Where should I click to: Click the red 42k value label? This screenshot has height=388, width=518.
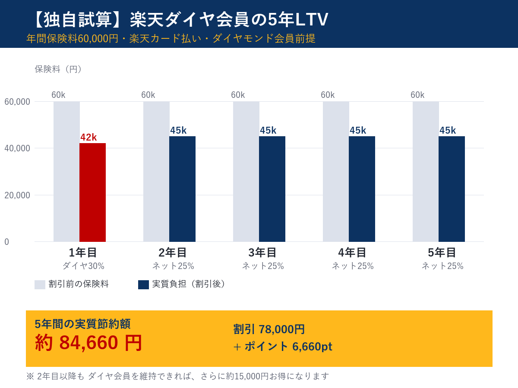(88, 138)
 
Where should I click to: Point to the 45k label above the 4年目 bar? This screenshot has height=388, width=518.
(358, 131)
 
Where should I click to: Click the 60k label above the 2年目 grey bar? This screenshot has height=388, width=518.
(148, 95)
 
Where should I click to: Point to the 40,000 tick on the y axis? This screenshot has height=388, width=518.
(17, 148)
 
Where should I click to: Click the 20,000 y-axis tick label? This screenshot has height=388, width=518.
(17, 195)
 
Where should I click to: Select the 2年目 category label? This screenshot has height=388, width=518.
(173, 253)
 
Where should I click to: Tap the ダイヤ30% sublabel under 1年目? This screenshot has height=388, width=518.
(83, 266)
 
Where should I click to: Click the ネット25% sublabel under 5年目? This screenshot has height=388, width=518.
(442, 266)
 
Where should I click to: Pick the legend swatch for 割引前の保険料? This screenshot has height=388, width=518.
(40, 285)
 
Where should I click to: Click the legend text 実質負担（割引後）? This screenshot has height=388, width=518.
(189, 284)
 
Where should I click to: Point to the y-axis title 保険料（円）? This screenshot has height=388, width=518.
(59, 69)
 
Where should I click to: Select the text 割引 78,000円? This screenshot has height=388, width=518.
(269, 329)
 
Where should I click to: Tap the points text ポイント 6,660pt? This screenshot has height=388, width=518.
(288, 347)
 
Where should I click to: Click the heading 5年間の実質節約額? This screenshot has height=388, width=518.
(82, 324)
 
